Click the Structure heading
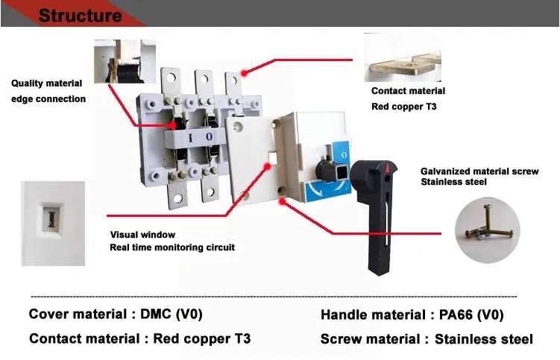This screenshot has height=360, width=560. coord(80,15)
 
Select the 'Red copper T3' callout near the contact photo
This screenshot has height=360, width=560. coord(404,107)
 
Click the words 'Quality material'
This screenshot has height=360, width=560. coord(46,83)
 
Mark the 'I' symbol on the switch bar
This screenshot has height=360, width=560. coord(190,137)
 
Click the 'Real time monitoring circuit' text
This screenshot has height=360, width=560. coord(172,247)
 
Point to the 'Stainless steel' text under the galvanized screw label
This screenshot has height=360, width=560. coord(454,182)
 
